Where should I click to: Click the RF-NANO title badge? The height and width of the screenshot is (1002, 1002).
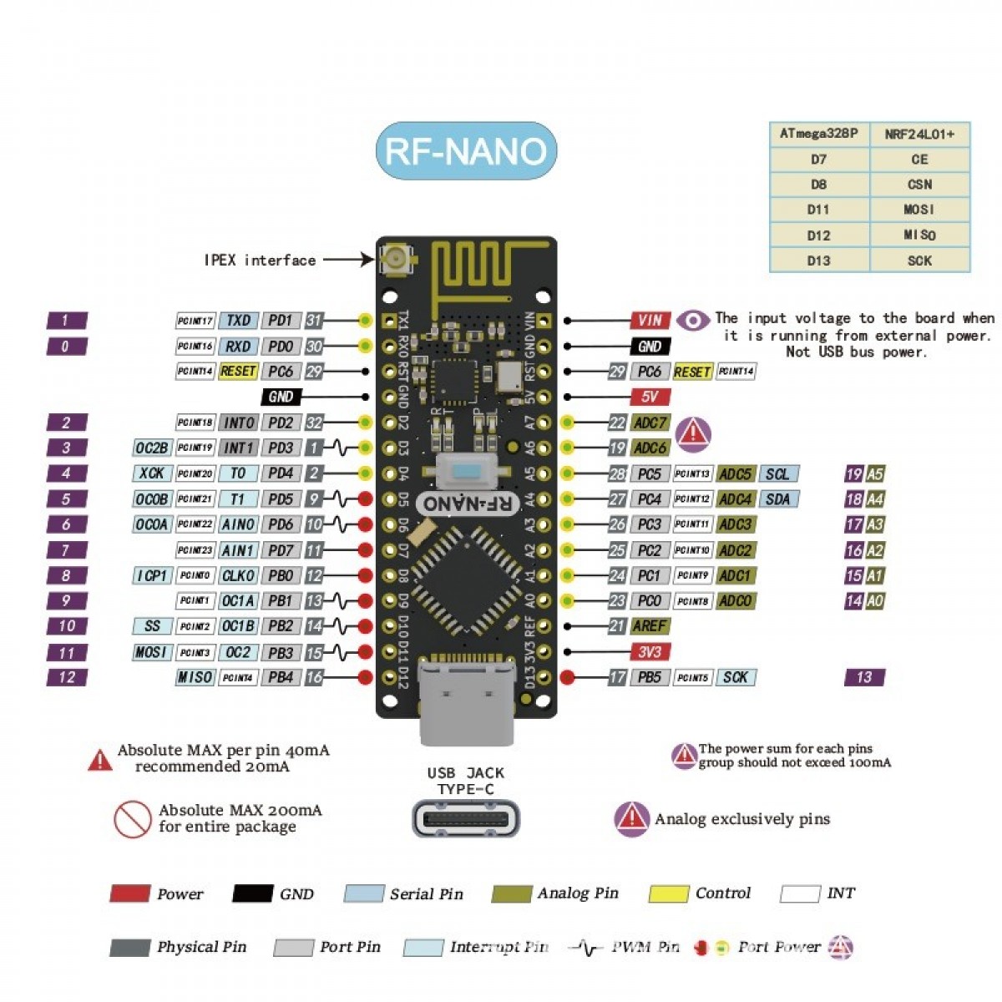click(x=466, y=151)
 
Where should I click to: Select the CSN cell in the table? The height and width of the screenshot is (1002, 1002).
click(x=919, y=185)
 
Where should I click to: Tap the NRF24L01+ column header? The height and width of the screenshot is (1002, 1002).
click(x=919, y=134)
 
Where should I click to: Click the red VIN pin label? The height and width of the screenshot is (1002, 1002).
click(x=650, y=320)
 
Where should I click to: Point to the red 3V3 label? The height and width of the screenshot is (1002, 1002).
click(x=650, y=651)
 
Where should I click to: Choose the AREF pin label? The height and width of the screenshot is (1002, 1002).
click(x=650, y=625)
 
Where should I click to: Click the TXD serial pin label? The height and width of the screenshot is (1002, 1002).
click(x=239, y=320)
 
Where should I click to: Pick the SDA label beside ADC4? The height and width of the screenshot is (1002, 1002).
click(x=777, y=499)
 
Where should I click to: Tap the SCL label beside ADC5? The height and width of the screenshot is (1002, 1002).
click(x=777, y=473)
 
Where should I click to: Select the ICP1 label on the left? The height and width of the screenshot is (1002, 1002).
click(x=152, y=575)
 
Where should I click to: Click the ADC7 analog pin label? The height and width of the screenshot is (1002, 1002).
click(x=650, y=423)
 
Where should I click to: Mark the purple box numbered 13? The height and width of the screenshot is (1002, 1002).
click(x=864, y=677)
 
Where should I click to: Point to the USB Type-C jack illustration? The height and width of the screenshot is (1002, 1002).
click(x=466, y=817)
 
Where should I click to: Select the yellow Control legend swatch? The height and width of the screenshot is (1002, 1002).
click(x=668, y=893)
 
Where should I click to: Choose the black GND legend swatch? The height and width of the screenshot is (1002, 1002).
click(x=252, y=893)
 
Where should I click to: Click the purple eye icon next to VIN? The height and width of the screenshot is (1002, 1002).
click(x=692, y=320)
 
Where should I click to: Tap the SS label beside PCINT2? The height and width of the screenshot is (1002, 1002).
click(x=152, y=626)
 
